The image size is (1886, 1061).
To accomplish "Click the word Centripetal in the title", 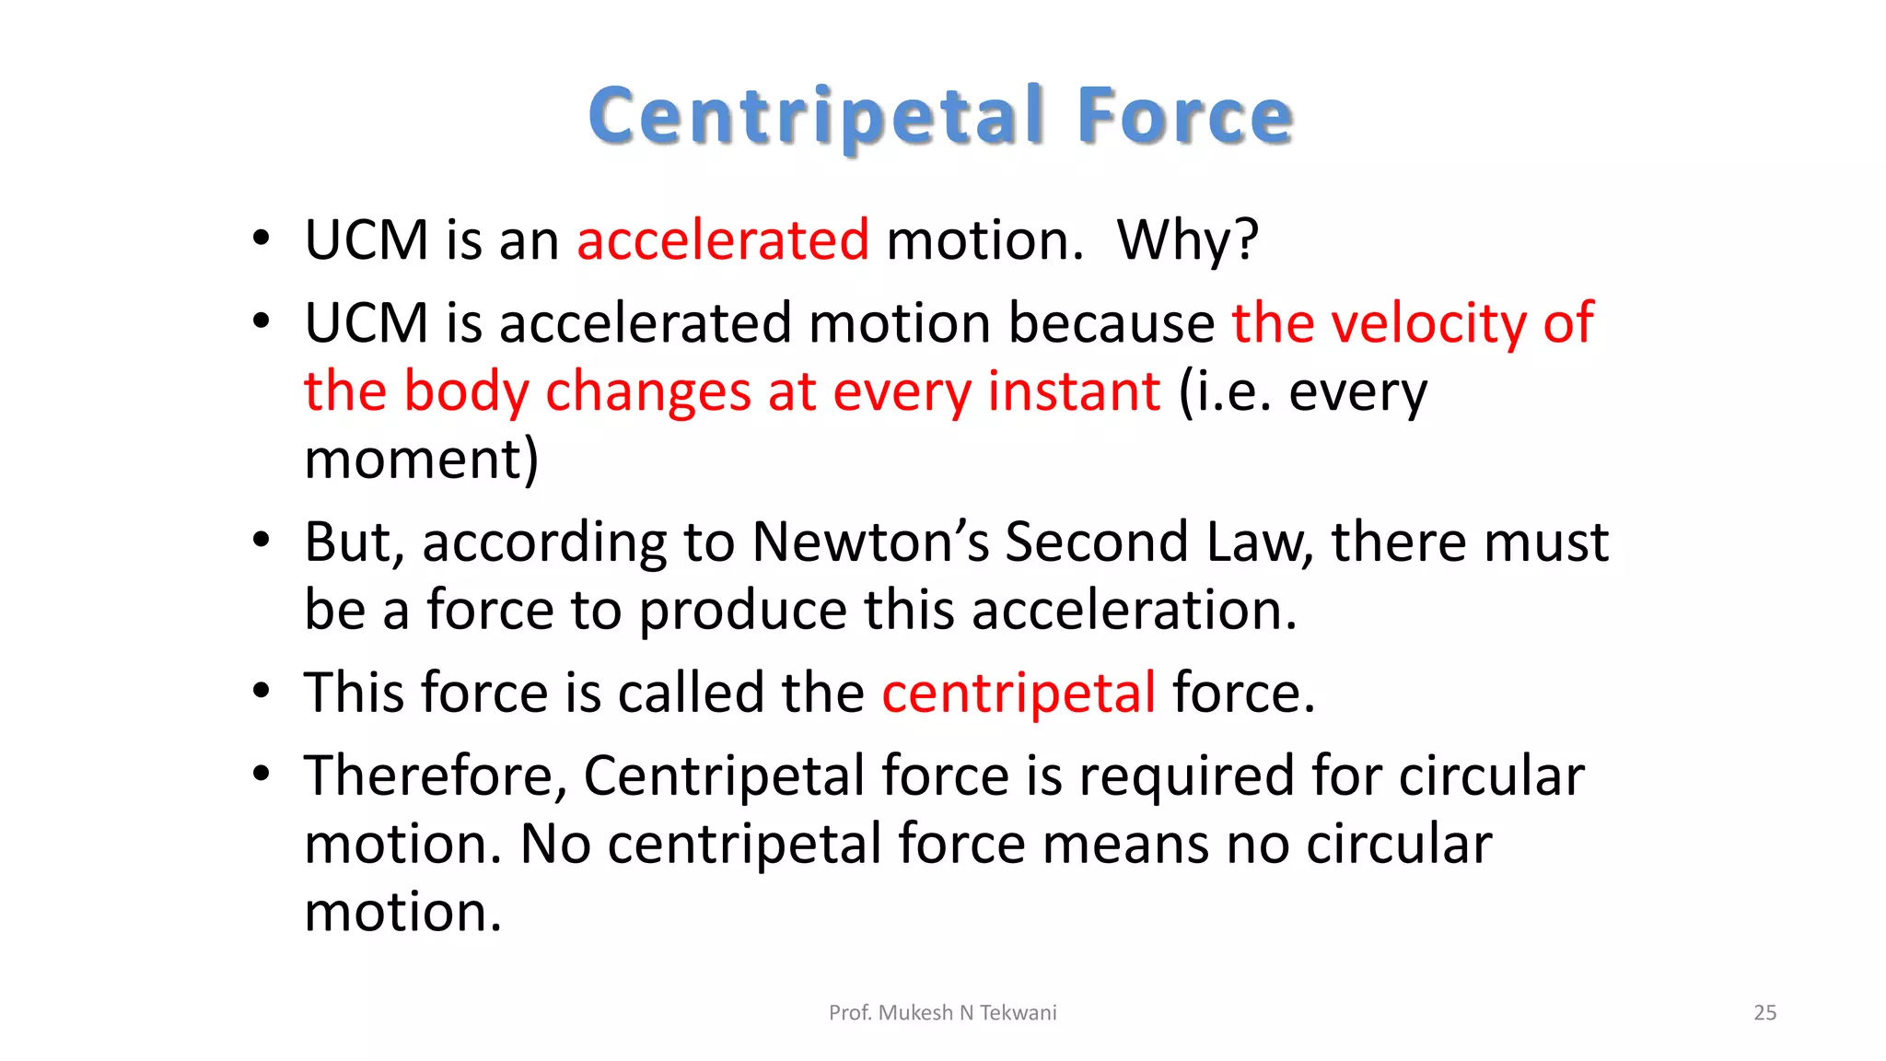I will click(x=816, y=116).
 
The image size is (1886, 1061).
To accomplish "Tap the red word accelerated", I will click(x=723, y=240).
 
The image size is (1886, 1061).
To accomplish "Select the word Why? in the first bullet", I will click(x=1187, y=240).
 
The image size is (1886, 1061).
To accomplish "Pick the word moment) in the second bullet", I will click(x=422, y=460).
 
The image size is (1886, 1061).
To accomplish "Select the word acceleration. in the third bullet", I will click(x=1134, y=610).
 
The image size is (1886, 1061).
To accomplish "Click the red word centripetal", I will click(x=1019, y=693).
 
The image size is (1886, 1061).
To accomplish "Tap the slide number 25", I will click(x=1764, y=1013).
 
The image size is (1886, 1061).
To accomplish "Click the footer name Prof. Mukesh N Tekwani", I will click(x=942, y=1013).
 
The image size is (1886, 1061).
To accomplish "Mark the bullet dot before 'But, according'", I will click(x=262, y=541).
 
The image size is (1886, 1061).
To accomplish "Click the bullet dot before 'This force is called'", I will click(x=262, y=692).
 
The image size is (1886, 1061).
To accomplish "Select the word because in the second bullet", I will click(x=1112, y=323).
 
